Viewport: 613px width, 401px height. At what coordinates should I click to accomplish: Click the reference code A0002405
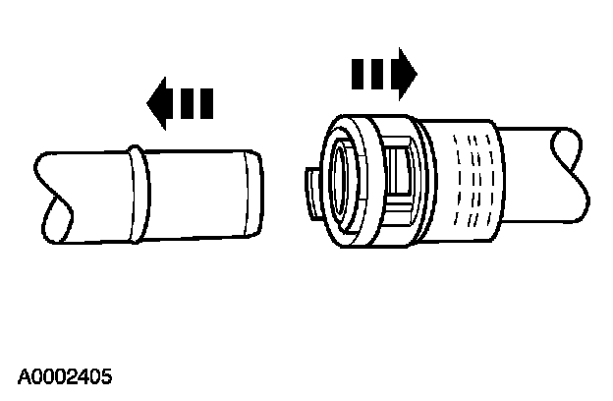point(65,375)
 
